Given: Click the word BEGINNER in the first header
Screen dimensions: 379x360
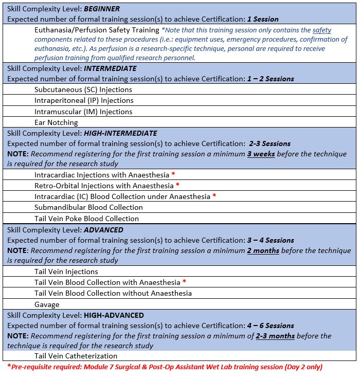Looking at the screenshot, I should [x=102, y=9].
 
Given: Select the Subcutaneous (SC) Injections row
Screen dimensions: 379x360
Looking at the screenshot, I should [x=83, y=89].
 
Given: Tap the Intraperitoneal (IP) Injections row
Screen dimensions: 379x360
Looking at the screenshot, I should [x=84, y=100].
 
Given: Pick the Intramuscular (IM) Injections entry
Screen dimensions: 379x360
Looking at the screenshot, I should [x=83, y=112].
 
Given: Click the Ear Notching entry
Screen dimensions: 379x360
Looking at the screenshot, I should [x=56, y=122].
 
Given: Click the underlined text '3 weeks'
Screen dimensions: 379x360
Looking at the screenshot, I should [x=262, y=154].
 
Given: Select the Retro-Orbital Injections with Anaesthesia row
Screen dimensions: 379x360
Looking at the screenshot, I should [x=104, y=185].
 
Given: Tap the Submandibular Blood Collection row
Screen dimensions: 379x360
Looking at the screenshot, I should [x=88, y=207].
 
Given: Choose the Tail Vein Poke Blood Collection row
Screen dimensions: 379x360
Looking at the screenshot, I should [x=87, y=219].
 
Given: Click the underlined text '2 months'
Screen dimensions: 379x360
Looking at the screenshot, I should [x=263, y=250].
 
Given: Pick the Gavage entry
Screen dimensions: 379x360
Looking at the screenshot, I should [x=47, y=304].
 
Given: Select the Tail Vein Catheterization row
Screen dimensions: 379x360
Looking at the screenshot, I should [x=76, y=356].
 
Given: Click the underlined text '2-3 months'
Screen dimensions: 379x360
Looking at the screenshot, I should [x=275, y=336].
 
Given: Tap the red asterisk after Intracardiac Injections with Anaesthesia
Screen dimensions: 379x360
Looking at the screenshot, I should [x=173, y=174].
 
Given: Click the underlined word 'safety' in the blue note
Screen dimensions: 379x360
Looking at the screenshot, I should [x=322, y=30].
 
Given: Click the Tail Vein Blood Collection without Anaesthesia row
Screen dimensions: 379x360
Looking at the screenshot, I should [x=113, y=293].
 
